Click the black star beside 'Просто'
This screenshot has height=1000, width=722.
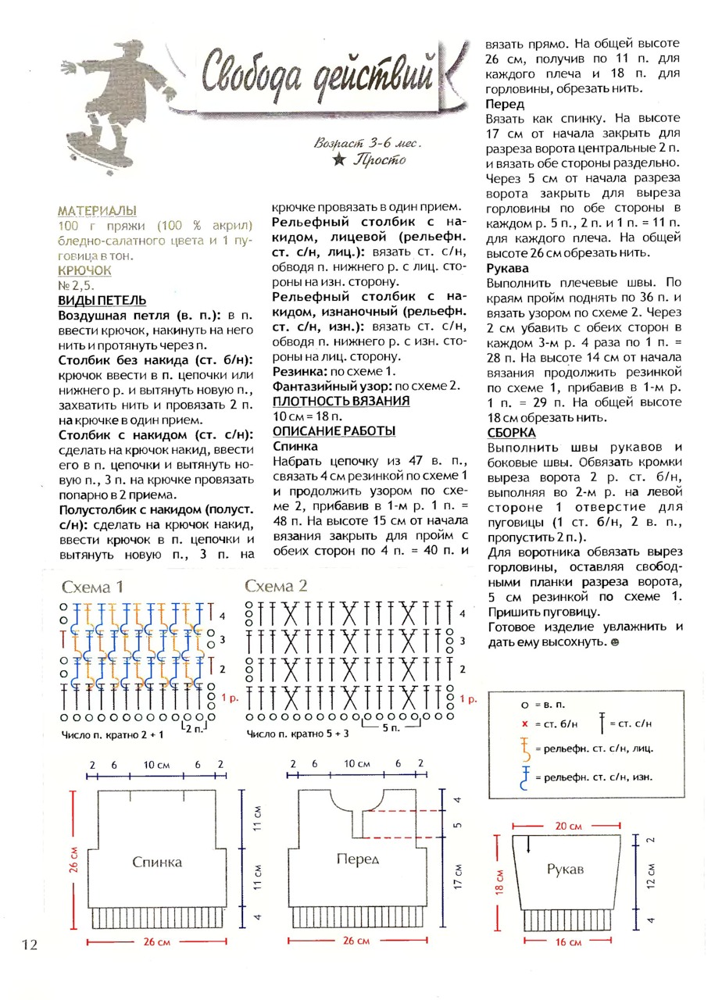pos(338,160)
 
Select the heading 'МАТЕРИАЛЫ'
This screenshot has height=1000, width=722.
pos(97,211)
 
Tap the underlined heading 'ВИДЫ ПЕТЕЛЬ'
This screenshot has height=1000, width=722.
pos(102,301)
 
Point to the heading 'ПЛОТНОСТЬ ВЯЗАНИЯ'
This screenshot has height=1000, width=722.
pos(341,402)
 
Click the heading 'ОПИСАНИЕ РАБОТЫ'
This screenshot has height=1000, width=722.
pos(334,431)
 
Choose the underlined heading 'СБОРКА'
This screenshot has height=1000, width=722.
pos(511,432)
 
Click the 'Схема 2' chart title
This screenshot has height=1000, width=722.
pos(276,587)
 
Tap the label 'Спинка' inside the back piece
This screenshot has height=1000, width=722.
pos(157,862)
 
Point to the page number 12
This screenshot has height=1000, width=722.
pos(29,945)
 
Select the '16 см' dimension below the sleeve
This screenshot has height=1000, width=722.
pos(568,943)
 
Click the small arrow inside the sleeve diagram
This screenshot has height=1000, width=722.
pos(529,845)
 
